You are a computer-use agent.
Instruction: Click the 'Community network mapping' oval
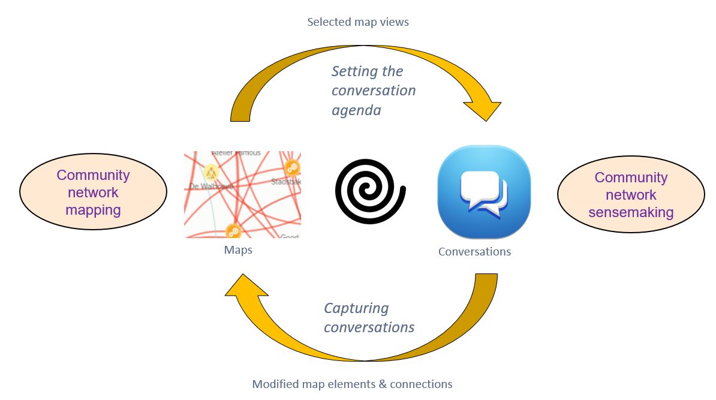coord(93,193)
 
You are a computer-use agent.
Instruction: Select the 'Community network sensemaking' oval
coord(630,195)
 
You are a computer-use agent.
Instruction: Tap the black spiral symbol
coord(371,191)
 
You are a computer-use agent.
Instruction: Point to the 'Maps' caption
coord(238,250)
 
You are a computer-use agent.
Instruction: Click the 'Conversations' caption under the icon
coord(474,252)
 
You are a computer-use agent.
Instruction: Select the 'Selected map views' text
coord(357,22)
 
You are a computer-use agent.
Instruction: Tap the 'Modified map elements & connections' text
coord(352,384)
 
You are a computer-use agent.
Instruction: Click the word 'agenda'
coord(356,110)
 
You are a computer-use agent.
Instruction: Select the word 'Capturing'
coord(356,308)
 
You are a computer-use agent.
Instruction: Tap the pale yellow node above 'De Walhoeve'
coord(211,173)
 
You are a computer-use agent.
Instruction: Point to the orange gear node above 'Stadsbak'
coord(293,167)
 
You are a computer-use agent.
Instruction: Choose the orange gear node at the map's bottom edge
coord(234,231)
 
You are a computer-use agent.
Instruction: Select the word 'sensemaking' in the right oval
coord(630,212)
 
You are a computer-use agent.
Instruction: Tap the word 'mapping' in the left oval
coord(93,210)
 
